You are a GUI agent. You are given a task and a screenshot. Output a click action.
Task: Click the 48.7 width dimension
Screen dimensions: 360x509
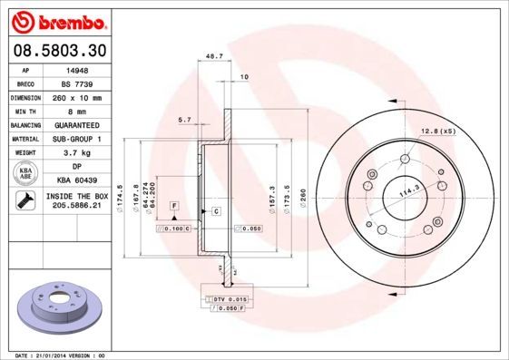(x=215, y=56)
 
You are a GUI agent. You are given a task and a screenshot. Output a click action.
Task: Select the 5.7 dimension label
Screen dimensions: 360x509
(x=184, y=119)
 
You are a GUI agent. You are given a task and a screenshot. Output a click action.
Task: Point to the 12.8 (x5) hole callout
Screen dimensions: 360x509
(x=438, y=133)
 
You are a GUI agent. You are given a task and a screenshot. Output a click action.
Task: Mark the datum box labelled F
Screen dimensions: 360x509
(x=172, y=207)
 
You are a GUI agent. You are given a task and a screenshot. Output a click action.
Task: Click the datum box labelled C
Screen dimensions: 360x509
(x=217, y=211)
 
